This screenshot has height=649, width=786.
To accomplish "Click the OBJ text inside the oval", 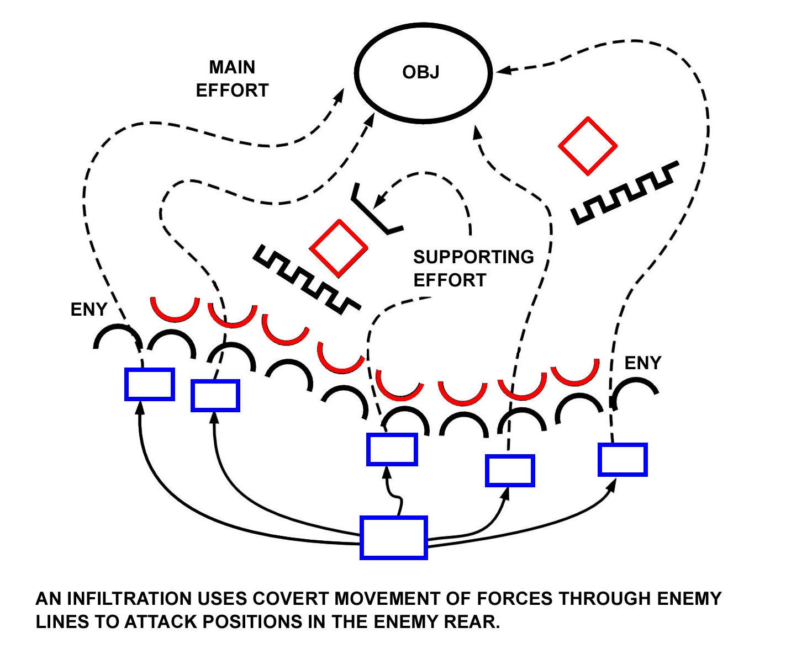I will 421,72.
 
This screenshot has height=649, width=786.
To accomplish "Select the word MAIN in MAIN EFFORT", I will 232,67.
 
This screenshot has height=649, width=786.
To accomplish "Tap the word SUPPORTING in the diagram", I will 473,257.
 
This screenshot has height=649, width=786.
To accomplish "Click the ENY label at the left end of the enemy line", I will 88,310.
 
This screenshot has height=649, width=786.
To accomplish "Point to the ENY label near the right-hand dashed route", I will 642,363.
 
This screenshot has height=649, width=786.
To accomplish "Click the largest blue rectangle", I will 393,538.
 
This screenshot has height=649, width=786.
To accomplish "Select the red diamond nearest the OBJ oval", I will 587,146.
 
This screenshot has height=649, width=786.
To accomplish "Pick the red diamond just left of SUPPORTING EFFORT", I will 339,248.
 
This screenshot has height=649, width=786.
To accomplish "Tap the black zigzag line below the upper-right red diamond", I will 625,194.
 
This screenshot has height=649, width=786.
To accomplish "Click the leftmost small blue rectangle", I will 149,384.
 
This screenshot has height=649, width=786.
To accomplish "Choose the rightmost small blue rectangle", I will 623,459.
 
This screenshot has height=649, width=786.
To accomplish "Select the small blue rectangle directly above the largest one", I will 392,449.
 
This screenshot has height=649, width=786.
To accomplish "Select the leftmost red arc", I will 175,311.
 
